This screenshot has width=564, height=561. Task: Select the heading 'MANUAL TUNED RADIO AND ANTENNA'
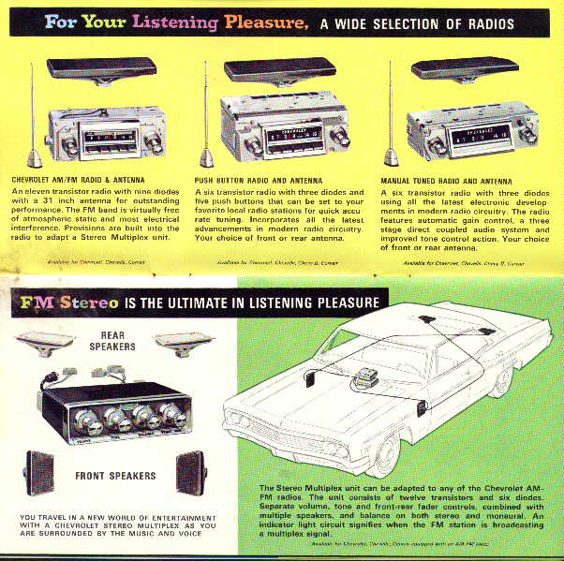tap(458, 178)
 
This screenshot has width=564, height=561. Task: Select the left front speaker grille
tap(42, 472)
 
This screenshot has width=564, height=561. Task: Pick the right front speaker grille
tap(191, 472)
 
